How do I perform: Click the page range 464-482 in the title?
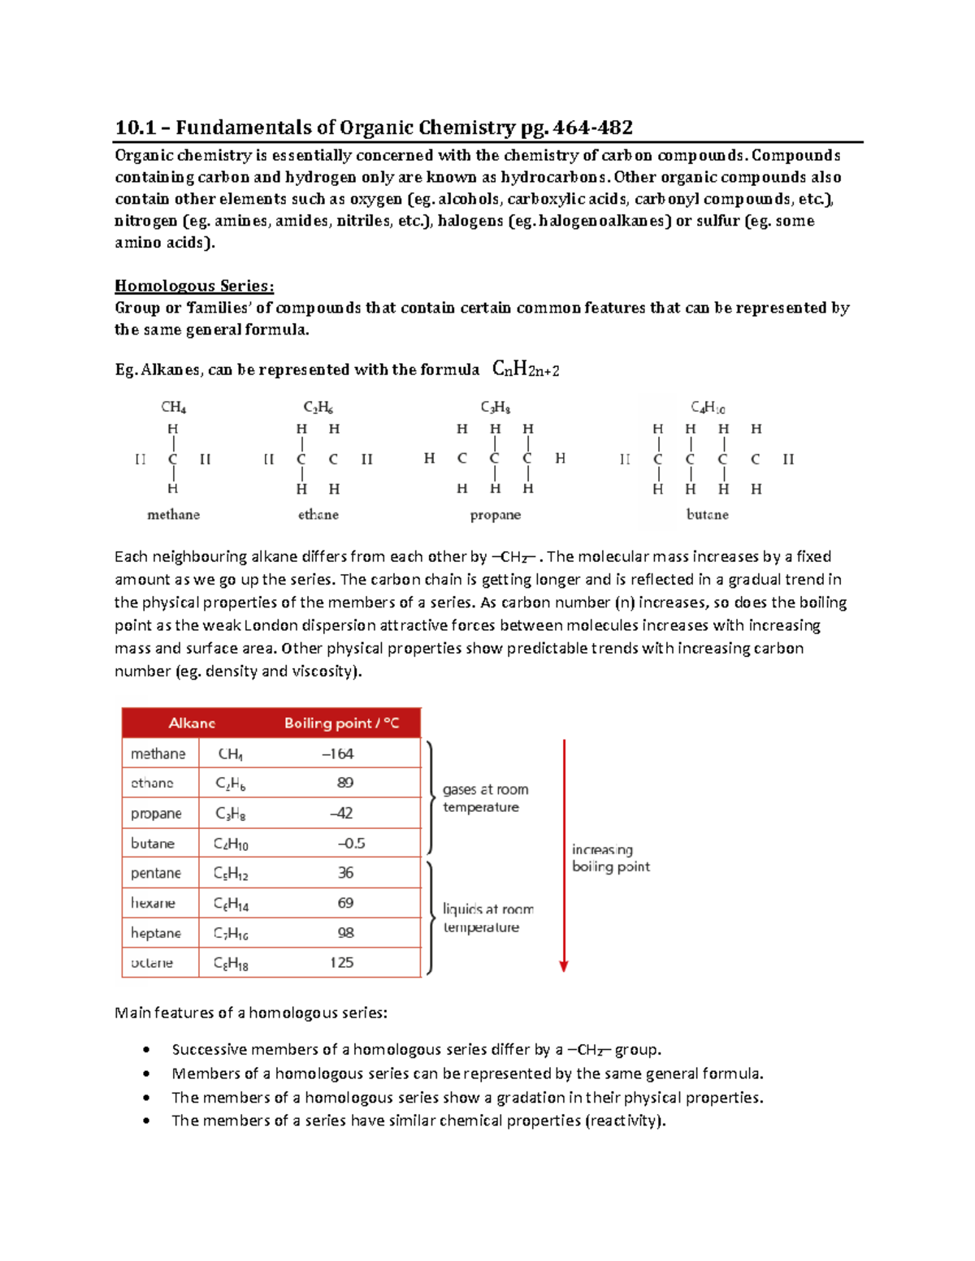pyautogui.click(x=592, y=127)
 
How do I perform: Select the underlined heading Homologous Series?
pyautogui.click(x=194, y=286)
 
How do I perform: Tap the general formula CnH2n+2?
pyautogui.click(x=526, y=369)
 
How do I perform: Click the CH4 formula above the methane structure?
pyautogui.click(x=173, y=407)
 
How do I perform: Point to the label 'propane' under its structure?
pyautogui.click(x=495, y=515)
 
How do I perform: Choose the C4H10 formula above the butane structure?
pyautogui.click(x=708, y=407)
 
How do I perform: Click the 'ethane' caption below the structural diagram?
pyautogui.click(x=318, y=515)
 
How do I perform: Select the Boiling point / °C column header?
pyautogui.click(x=341, y=723)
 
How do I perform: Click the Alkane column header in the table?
pyautogui.click(x=192, y=723)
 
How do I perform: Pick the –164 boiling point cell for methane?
pyautogui.click(x=337, y=754)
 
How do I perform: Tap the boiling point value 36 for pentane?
pyautogui.click(x=345, y=873)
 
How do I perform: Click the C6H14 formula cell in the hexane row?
pyautogui.click(x=231, y=904)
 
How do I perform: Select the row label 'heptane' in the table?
pyautogui.click(x=156, y=933)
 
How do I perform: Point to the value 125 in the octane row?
pyautogui.click(x=341, y=962)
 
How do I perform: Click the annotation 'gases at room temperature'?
pyautogui.click(x=484, y=798)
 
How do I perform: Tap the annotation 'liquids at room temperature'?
pyautogui.click(x=487, y=918)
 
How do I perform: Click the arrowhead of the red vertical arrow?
pyautogui.click(x=564, y=966)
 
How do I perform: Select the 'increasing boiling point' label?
pyautogui.click(x=610, y=858)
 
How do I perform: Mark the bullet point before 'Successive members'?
pyautogui.click(x=146, y=1050)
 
